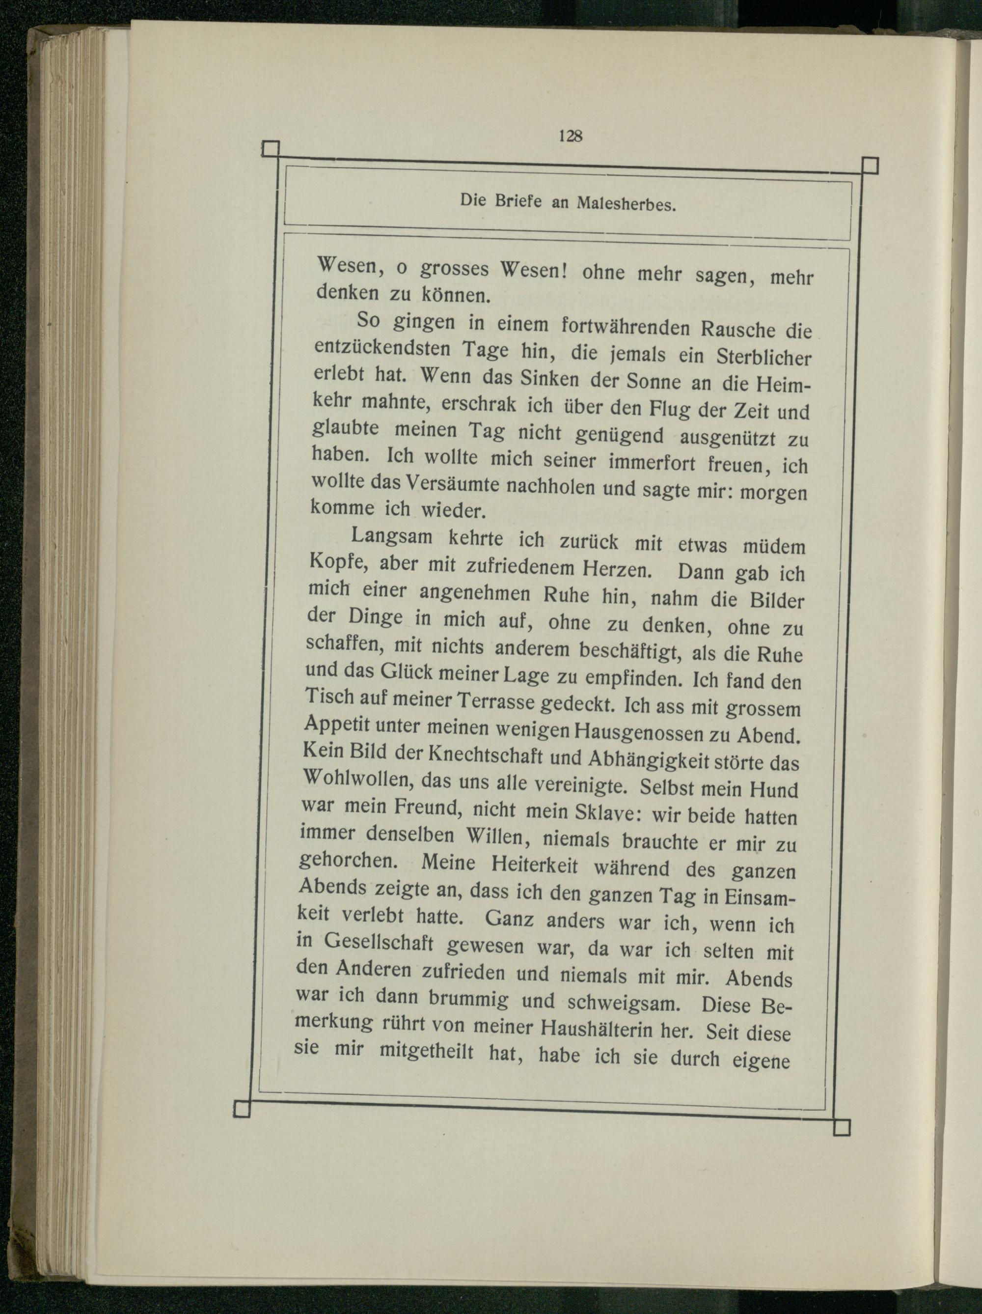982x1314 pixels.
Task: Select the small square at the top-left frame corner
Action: [x=270, y=148]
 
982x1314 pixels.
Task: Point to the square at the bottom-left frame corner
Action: [x=242, y=1109]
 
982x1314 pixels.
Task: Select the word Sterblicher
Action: [x=764, y=358]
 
